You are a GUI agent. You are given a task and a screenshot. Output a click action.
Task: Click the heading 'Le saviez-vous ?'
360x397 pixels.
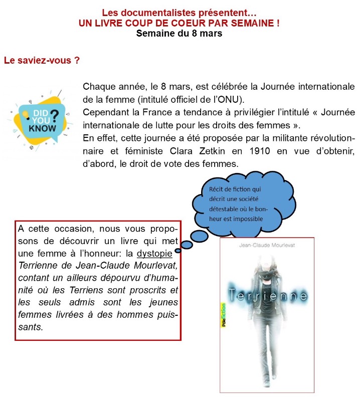[42, 61]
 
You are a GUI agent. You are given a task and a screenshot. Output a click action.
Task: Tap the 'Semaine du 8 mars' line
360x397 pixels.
[179, 34]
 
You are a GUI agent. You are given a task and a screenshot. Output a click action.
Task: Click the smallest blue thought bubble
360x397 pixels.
[185, 248]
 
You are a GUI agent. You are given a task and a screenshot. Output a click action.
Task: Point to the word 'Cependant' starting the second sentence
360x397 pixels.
[103, 111]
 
